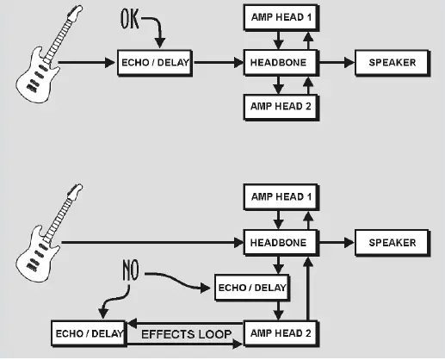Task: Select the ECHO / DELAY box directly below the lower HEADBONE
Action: [250, 287]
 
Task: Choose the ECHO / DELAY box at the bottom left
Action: [89, 332]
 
